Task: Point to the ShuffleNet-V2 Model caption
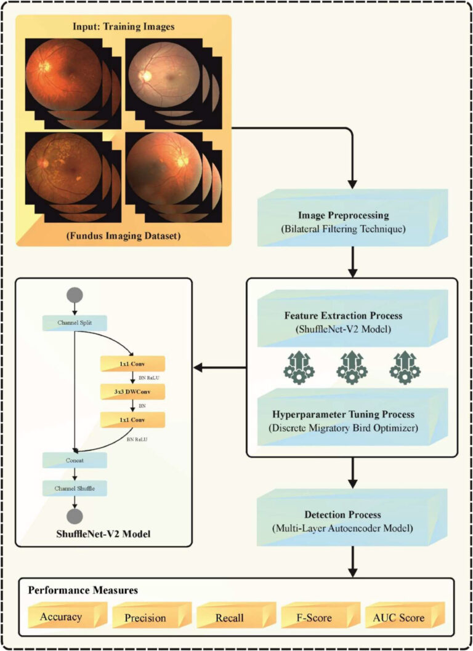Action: pos(102,533)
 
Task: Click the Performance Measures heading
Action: pos(83,590)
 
